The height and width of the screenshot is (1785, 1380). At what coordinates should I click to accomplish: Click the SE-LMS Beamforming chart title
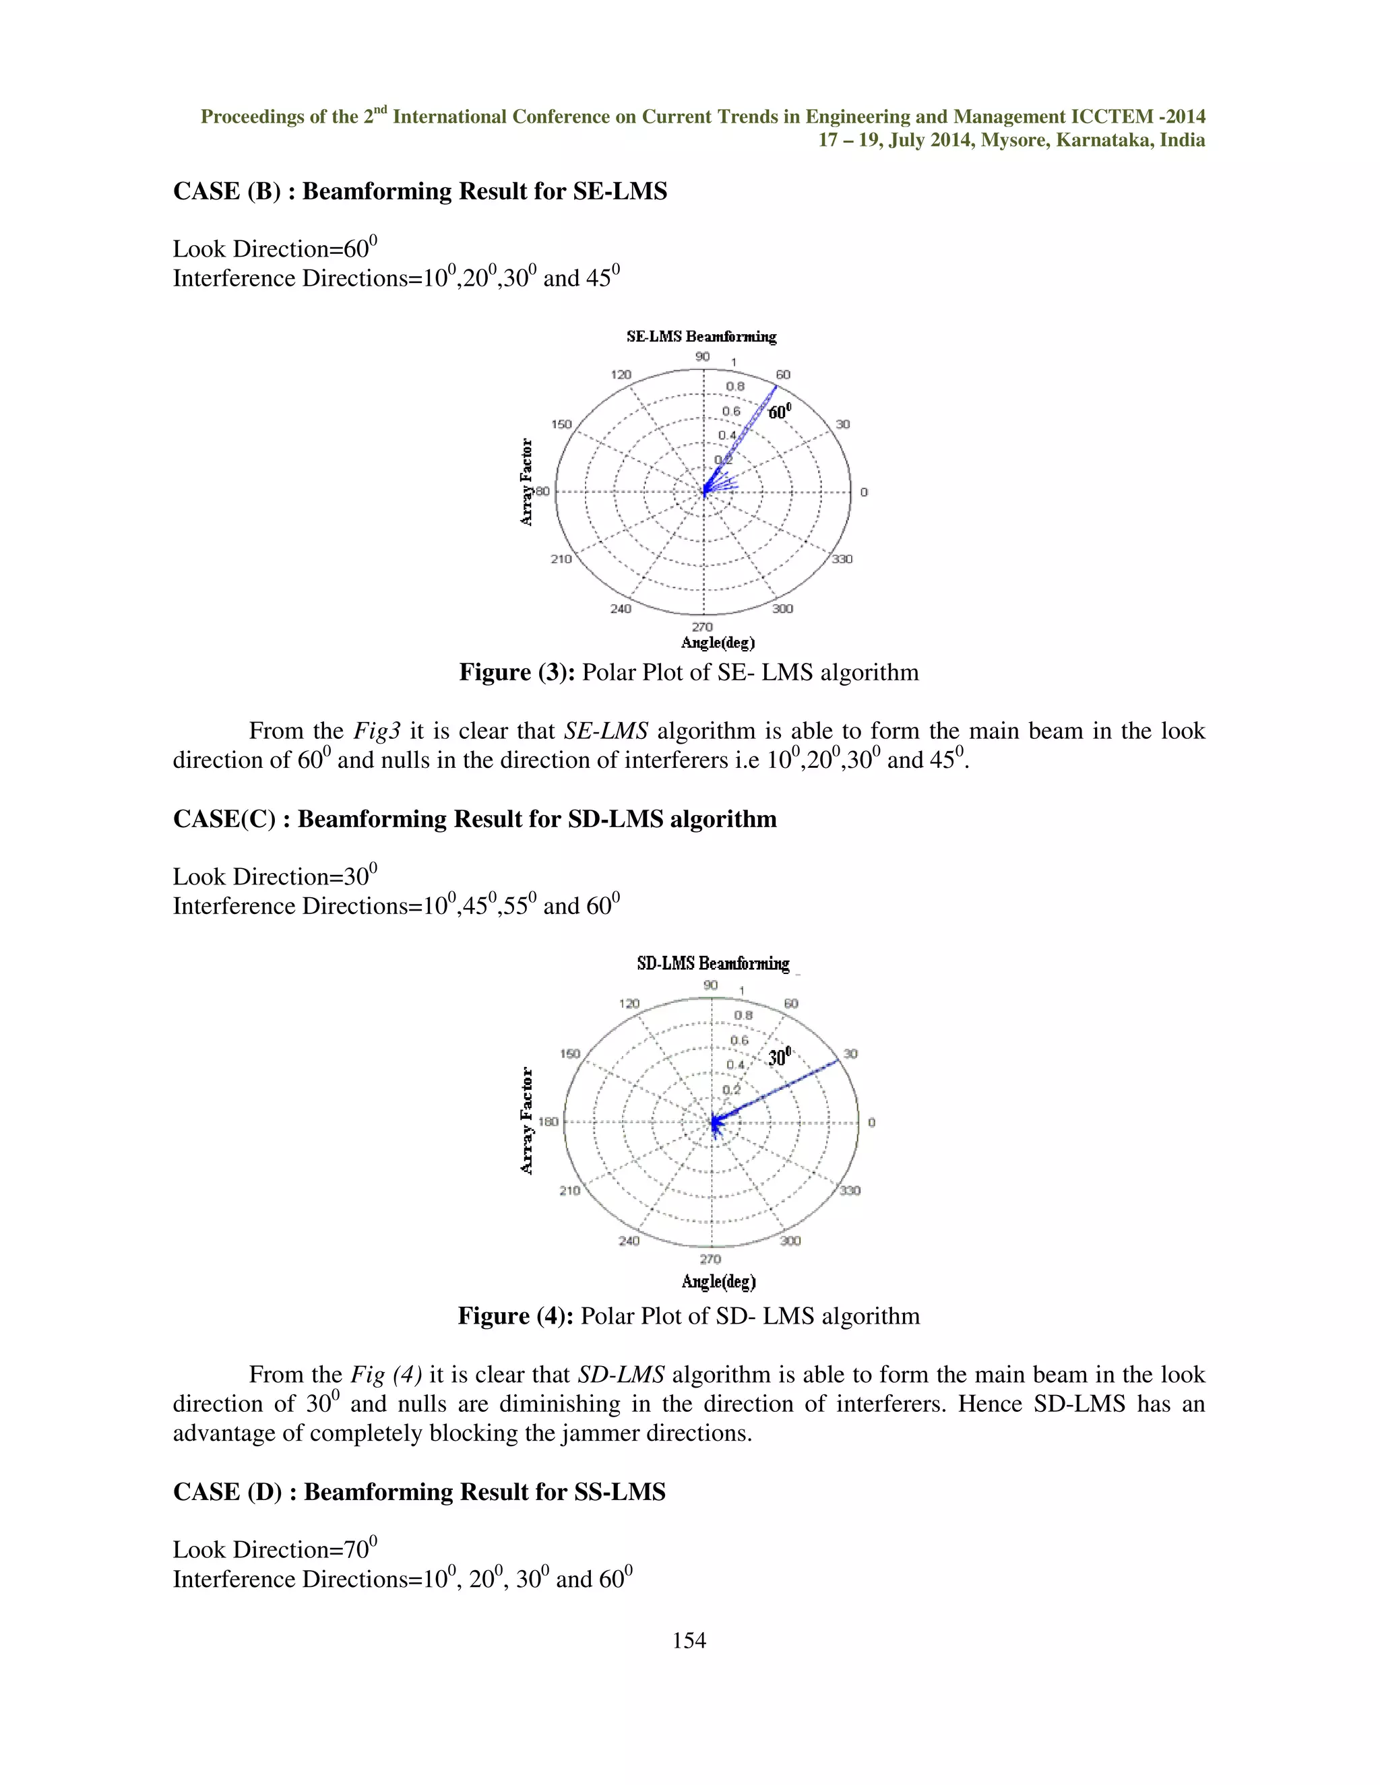coord(701,337)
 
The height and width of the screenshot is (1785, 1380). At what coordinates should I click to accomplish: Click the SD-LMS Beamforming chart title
coord(713,964)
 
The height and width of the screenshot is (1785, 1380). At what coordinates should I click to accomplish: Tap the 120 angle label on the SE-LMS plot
coord(621,375)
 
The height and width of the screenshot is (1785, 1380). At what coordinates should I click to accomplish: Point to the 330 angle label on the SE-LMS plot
coord(842,559)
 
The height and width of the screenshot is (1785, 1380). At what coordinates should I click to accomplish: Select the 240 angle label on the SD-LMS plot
coord(629,1241)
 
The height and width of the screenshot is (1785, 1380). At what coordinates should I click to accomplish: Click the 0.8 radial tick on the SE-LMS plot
coord(735,387)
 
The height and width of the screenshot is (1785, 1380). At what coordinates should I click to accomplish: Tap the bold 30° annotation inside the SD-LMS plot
coord(779,1057)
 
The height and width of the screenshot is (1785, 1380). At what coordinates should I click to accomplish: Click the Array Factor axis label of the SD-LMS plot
coord(528,1121)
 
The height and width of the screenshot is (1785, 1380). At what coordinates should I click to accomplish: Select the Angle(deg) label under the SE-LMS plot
coord(717,643)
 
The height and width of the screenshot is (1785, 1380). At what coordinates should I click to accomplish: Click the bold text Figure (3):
coord(517,673)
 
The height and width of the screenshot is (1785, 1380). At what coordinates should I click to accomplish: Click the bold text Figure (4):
coord(516,1316)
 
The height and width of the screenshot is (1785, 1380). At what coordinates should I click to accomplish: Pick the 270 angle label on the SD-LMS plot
coord(710,1260)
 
